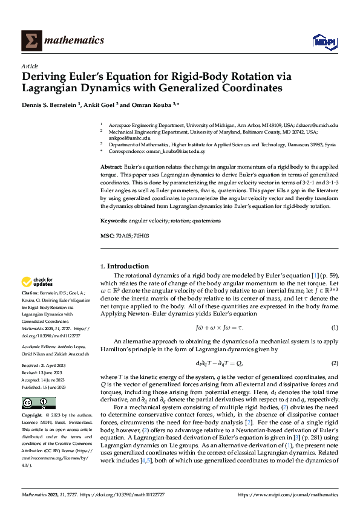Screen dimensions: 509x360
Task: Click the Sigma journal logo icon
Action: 30,41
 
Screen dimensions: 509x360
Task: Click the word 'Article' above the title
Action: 29,66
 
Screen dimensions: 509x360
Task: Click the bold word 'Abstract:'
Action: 111,166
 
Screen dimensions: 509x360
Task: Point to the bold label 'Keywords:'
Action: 113,221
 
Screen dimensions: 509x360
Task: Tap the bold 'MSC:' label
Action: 107,235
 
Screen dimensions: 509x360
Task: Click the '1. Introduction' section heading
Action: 124,266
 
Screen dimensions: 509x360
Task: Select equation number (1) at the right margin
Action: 334,328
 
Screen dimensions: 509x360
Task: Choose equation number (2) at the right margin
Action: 334,363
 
